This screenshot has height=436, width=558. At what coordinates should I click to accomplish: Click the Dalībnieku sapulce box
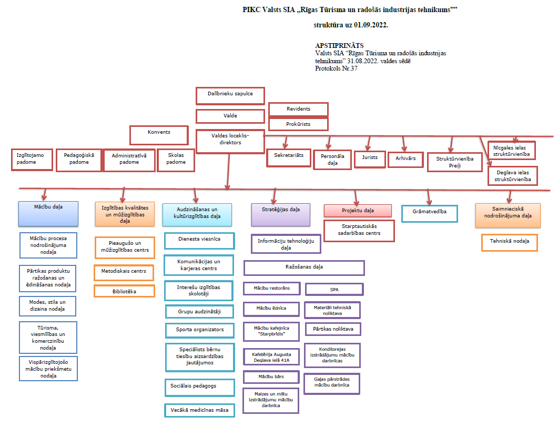pos(230,96)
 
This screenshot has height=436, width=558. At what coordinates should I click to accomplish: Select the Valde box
pos(230,116)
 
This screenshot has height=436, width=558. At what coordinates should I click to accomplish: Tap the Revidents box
pos(298,110)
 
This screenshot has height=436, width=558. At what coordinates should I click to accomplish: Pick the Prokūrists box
pos(298,124)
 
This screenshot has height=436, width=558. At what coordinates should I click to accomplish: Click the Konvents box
pos(159,135)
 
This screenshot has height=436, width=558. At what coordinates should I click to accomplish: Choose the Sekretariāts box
pos(289,158)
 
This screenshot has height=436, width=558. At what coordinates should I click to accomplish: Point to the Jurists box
pos(370,159)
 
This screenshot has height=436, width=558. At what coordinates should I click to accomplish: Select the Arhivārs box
pos(405,160)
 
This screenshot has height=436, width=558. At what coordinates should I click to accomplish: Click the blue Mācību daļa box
pos(48,214)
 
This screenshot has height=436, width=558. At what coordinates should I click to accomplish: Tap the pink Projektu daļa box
pos(358,211)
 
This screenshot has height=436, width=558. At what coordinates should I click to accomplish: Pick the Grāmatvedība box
pos(430,214)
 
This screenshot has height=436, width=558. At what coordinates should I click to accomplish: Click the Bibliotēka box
pos(124,291)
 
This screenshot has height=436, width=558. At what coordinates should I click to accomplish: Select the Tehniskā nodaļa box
pos(509,243)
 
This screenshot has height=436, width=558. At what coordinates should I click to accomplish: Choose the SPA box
pos(334,289)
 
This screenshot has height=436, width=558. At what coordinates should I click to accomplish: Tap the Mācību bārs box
pos(271,377)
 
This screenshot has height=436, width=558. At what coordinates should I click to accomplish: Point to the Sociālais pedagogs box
pos(200,388)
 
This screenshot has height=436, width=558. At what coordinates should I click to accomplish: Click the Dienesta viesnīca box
pos(199,241)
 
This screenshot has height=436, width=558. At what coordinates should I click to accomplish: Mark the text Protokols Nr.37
pos(336,68)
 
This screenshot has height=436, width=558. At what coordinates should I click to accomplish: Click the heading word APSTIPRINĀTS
pos(339,46)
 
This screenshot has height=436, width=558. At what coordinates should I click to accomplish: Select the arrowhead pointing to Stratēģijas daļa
pos(273,201)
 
